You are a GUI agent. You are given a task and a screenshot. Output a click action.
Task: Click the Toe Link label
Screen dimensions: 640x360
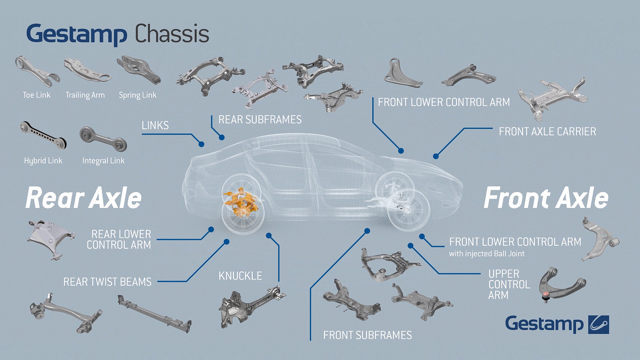(x=36, y=95)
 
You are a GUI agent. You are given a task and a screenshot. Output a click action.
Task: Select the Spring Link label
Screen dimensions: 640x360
(x=138, y=95)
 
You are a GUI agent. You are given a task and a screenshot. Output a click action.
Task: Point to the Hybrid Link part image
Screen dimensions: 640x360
(x=43, y=135)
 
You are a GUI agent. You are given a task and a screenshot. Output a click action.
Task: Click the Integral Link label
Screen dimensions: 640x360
(x=103, y=161)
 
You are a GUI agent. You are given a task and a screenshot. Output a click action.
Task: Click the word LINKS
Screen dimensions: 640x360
(x=155, y=125)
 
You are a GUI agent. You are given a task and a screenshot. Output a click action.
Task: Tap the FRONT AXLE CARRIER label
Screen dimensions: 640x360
(x=547, y=131)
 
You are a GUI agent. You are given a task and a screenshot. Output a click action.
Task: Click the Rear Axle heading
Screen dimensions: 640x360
(x=84, y=198)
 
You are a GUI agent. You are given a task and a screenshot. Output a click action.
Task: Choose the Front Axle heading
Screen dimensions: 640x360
(x=545, y=198)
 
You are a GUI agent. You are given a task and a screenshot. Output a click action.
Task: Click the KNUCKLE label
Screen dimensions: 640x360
(x=240, y=276)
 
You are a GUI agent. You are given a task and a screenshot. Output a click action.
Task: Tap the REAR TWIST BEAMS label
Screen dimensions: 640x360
(x=107, y=281)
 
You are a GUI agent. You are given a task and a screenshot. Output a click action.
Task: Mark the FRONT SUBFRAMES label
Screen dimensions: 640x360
(x=367, y=335)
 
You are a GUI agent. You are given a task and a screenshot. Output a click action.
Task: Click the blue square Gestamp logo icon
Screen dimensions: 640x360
(x=598, y=324)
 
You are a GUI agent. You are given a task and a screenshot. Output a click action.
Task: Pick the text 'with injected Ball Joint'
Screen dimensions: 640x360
(x=486, y=254)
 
